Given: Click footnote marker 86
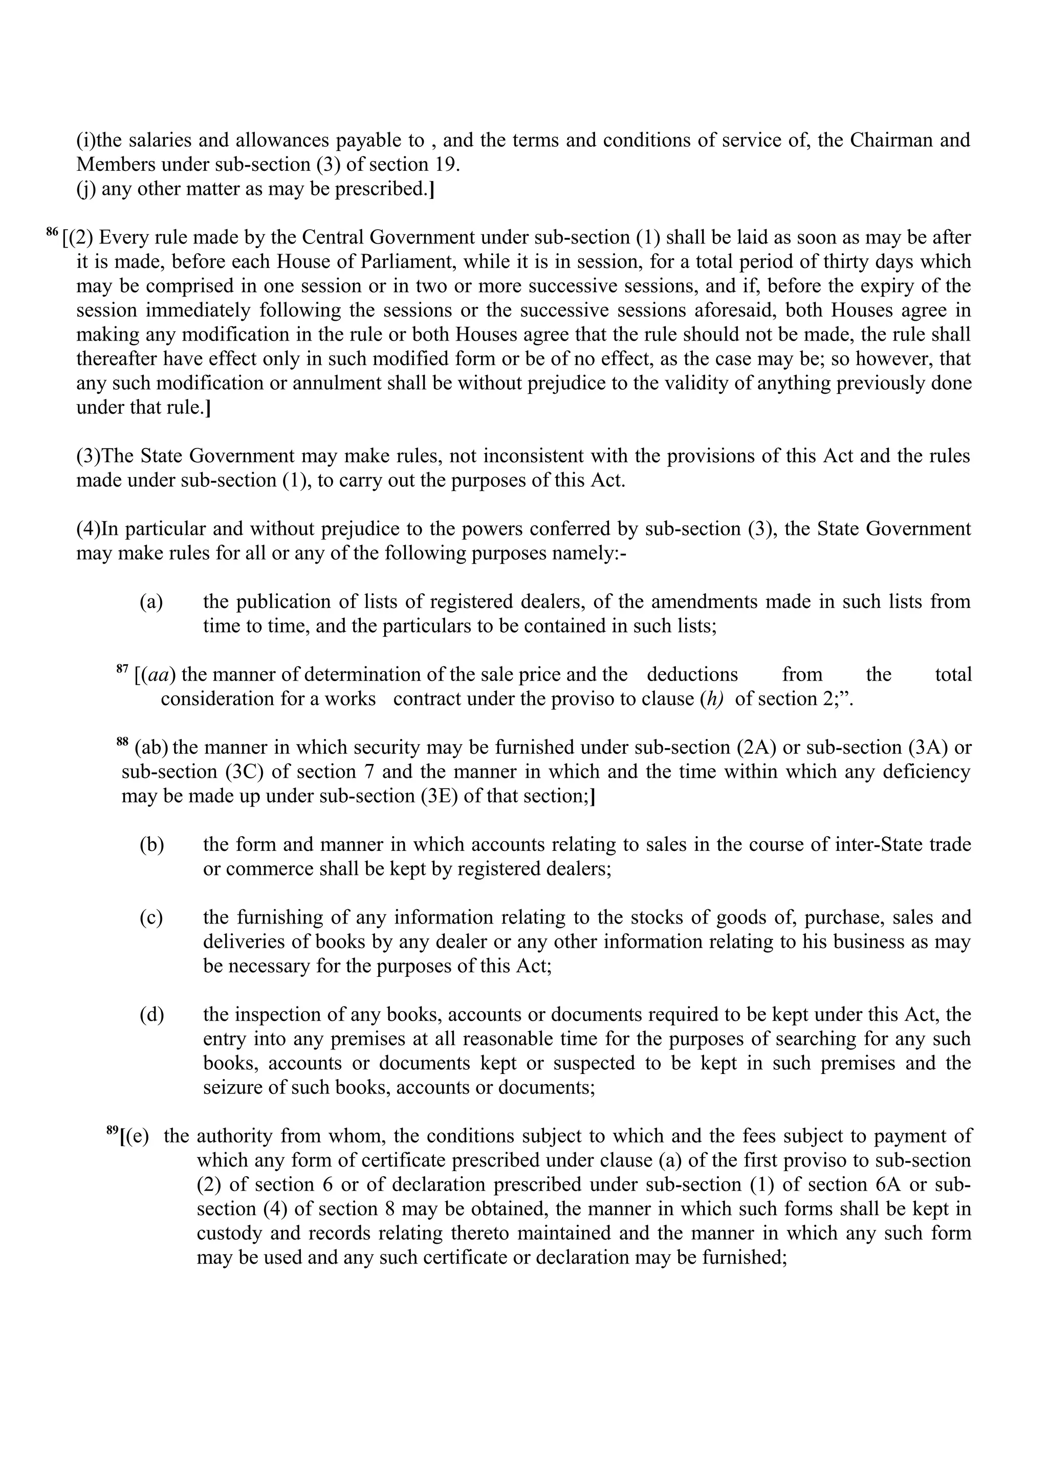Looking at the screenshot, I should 52,232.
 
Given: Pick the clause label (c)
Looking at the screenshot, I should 151,917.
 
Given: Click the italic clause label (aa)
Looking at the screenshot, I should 158,675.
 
